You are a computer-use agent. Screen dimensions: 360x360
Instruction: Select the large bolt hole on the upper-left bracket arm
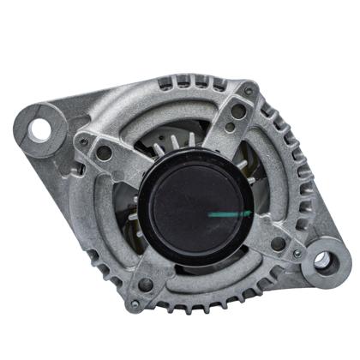104,153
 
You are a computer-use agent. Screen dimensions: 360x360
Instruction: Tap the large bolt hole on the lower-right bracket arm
277,243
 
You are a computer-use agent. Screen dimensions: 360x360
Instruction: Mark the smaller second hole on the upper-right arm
231,129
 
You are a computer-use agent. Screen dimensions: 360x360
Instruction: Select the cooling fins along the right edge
296,171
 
